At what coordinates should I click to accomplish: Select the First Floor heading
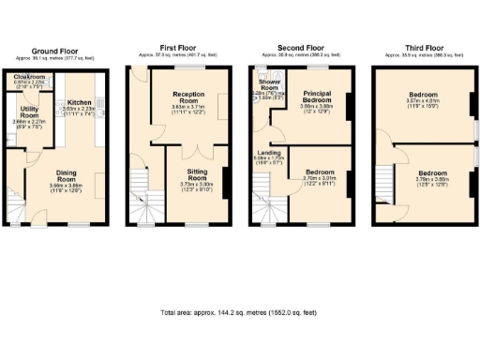pos(179,47)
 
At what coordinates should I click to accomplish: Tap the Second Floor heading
pos(299,47)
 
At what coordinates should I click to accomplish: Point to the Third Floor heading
pos(420,47)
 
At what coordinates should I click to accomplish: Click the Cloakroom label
pos(31,77)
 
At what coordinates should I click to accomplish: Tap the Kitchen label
pos(79,101)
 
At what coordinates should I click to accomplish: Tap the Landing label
pos(268,154)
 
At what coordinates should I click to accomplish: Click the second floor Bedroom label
pos(317,173)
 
